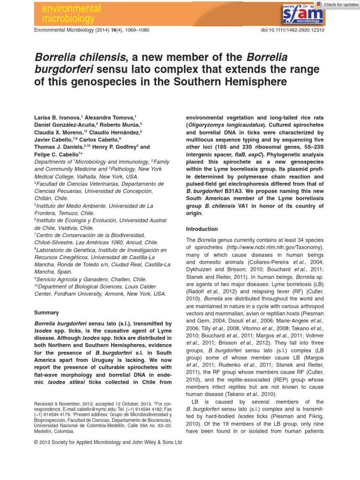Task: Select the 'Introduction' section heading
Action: coord(202,229)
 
